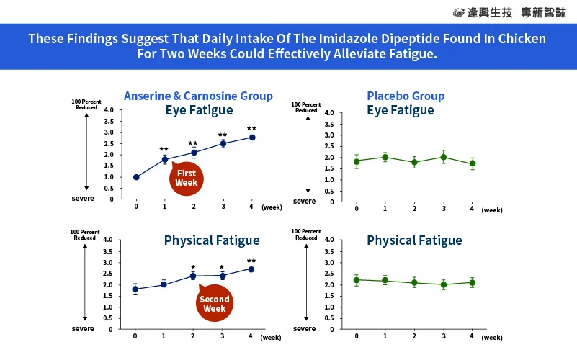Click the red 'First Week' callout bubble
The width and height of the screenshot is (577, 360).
[187, 179]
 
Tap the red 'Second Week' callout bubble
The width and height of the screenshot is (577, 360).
[214, 304]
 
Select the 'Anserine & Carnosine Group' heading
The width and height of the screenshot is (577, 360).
[198, 96]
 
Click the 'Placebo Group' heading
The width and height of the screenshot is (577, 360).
[406, 96]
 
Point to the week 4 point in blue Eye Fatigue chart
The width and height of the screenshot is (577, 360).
[251, 137]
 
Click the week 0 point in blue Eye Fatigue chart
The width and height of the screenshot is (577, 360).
[136, 177]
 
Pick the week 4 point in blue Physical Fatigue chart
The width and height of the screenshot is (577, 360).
[251, 269]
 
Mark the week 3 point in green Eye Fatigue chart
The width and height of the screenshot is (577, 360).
[443, 157]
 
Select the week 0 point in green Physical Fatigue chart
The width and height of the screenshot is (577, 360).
[357, 279]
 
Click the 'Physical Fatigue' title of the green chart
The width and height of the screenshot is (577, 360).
[414, 240]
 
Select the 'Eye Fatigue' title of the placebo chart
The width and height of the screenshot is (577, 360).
[400, 110]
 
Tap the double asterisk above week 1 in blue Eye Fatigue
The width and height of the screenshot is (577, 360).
[164, 150]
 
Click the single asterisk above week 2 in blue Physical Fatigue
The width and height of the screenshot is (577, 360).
[193, 268]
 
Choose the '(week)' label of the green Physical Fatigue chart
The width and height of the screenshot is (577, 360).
[492, 337]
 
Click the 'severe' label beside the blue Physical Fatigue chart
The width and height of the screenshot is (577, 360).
[82, 328]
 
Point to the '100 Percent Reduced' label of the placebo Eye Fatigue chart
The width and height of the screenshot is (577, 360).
[306, 107]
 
